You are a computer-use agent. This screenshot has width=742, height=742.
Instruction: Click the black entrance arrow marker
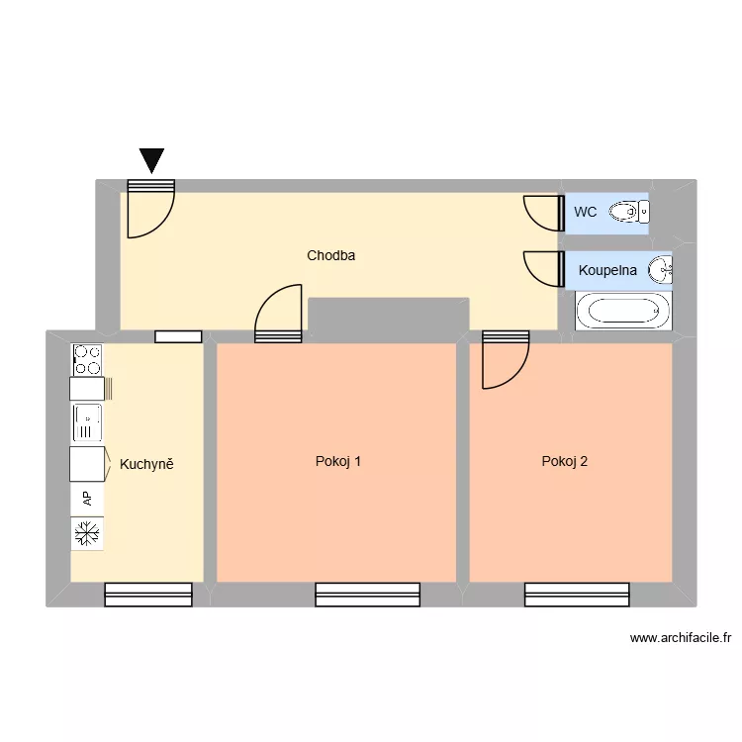pos(151,160)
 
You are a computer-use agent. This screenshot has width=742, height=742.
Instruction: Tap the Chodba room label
pos(330,255)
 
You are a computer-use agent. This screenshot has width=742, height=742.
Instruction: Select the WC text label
pos(585,212)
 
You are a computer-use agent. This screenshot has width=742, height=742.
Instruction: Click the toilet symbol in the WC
pos(628,211)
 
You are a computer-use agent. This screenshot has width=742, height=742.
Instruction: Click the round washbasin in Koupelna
pos(660,269)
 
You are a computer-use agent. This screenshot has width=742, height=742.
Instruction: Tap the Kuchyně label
pos(146,463)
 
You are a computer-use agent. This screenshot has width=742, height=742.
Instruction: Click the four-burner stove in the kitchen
pos(87,358)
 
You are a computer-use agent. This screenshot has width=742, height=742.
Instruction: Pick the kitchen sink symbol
pos(87,422)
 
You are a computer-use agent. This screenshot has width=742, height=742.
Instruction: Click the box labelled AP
pos(87,499)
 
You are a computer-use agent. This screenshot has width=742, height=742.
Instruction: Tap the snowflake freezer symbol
pos(87,535)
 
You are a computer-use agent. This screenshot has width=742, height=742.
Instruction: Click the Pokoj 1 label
pos(337,461)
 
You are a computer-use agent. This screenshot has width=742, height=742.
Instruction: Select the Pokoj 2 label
pos(565,461)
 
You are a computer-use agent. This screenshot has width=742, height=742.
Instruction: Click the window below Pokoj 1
pos(367,594)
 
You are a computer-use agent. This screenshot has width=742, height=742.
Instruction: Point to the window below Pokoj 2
pos(577,594)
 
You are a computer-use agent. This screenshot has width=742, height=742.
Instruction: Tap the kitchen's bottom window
pos(148,594)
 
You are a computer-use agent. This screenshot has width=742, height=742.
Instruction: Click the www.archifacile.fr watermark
pos(680,639)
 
